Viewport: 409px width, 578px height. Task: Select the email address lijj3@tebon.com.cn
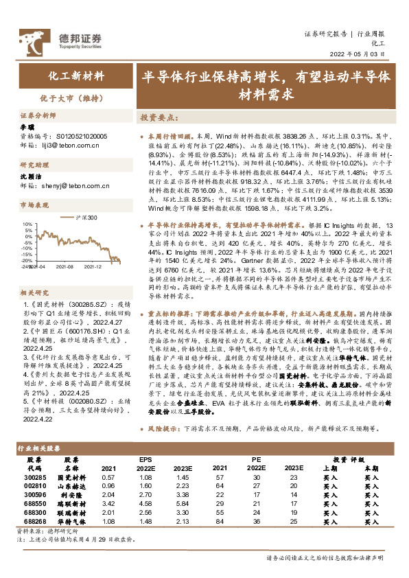[68, 146]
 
